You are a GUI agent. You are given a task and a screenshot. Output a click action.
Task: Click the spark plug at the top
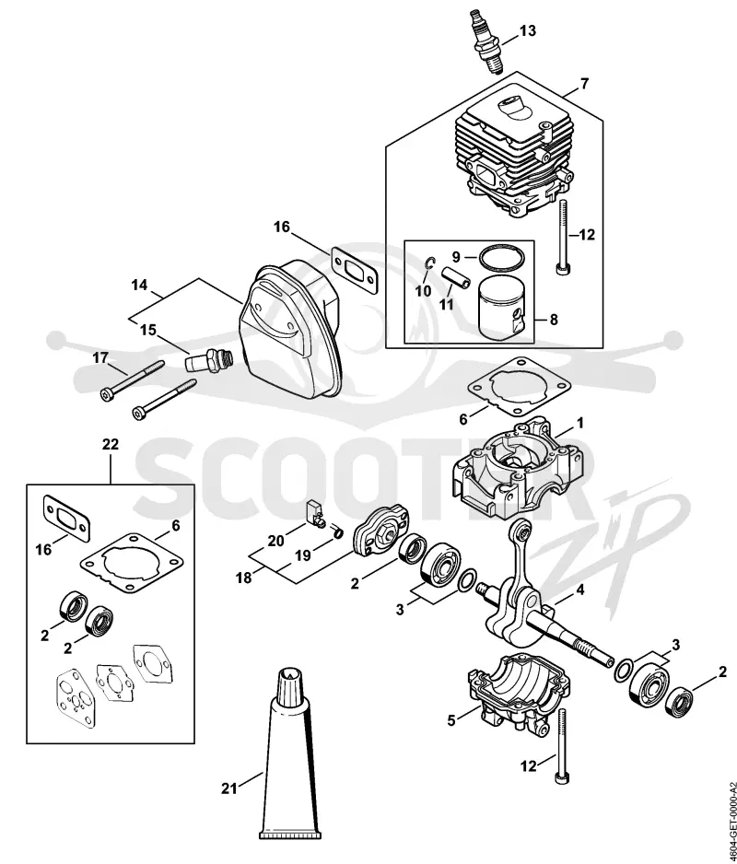pyautogui.click(x=486, y=41)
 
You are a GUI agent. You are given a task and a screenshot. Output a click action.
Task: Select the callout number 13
pyautogui.click(x=528, y=31)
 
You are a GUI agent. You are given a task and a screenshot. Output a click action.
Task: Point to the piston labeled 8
pyautogui.click(x=502, y=309)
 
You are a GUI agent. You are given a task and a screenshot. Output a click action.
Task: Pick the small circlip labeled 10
pyautogui.click(x=430, y=264)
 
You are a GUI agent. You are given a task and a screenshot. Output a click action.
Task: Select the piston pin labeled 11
pyautogui.click(x=456, y=276)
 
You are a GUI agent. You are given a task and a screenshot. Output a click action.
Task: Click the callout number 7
pyautogui.click(x=584, y=84)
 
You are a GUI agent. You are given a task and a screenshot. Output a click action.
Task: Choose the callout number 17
pyautogui.click(x=100, y=358)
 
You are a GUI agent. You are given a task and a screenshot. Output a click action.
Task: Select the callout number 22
pyautogui.click(x=111, y=444)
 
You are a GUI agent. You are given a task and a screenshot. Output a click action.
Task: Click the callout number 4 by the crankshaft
pyautogui.click(x=579, y=590)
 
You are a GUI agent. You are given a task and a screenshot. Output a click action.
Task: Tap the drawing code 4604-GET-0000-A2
pyautogui.click(x=731, y=821)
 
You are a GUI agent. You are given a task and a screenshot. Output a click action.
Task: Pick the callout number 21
pyautogui.click(x=229, y=789)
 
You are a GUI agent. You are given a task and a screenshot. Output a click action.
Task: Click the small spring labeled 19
pyautogui.click(x=338, y=531)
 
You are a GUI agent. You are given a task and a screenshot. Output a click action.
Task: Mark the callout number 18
pyautogui.click(x=243, y=578)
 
